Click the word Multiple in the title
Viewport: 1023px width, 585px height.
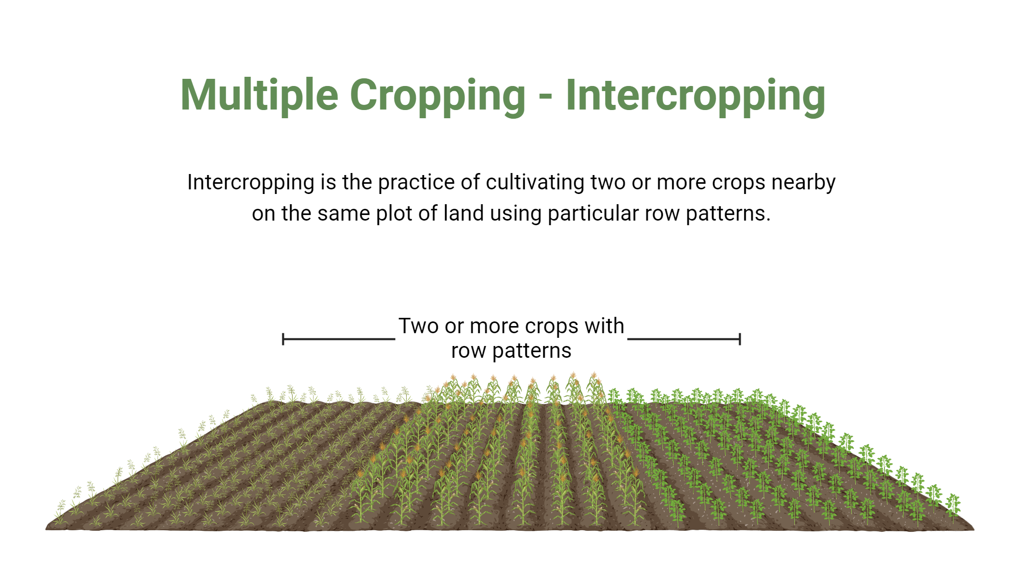point(259,95)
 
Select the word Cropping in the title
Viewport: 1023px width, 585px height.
point(437,96)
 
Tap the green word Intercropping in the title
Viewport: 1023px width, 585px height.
point(695,96)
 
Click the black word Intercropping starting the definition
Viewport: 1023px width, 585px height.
point(251,183)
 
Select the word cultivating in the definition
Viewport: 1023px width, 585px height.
point(535,183)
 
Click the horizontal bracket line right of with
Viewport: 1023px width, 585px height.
point(683,339)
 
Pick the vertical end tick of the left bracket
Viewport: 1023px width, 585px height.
point(283,339)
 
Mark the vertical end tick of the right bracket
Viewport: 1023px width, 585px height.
point(740,339)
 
